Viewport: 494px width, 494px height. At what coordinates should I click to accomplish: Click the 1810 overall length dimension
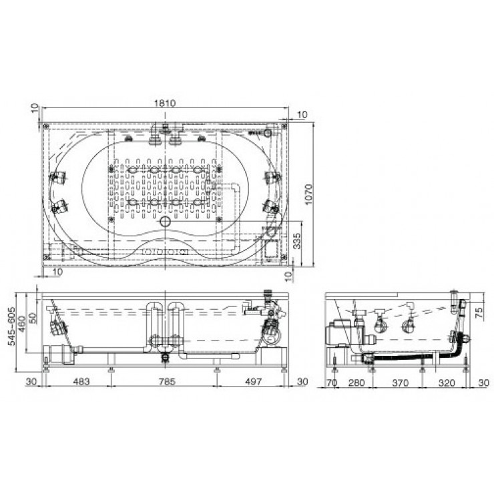[165, 103]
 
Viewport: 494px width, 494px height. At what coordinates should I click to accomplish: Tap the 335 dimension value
[305, 240]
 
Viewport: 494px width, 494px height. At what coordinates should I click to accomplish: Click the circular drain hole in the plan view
[164, 222]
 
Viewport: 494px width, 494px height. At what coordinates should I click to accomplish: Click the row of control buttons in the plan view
[164, 251]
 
